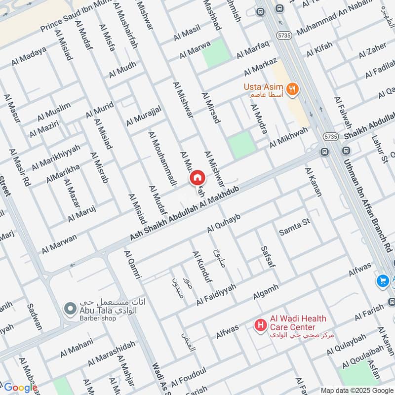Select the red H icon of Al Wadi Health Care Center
click(259, 325)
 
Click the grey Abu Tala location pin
click(69, 309)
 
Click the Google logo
click(20, 388)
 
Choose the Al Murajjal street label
click(143, 116)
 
